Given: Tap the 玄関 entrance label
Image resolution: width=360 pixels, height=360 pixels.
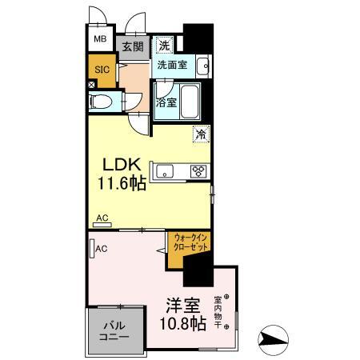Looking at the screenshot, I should tap(131, 46).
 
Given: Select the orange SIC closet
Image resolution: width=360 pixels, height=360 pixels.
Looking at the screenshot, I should tap(101, 70).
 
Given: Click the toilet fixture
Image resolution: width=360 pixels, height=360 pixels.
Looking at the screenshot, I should tap(102, 102).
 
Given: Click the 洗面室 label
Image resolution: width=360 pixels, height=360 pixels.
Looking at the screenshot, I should tap(171, 65).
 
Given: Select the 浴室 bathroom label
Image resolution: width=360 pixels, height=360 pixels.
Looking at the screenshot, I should tap(166, 102).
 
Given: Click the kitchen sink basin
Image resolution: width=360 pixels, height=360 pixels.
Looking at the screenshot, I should tap(165, 170).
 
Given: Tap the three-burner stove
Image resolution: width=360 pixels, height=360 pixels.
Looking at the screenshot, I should tap(197, 170).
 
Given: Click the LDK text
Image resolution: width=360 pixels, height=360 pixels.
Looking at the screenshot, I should tap(121, 165).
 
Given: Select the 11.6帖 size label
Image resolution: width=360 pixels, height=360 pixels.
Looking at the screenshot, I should tap(121, 183).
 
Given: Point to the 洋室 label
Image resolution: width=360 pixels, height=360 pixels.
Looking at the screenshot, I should tap(182, 305).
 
